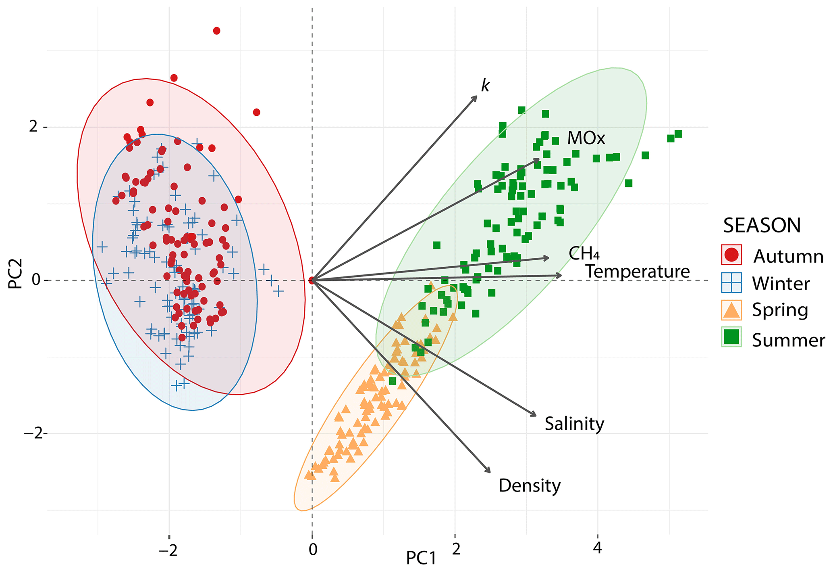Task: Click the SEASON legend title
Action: pos(762,225)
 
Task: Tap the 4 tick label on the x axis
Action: pos(598,548)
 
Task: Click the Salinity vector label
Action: pos(574,424)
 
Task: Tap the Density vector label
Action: pos(529,485)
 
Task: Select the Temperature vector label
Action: pos(637,272)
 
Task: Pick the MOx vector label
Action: pos(586,138)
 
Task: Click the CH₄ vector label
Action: pos(584,253)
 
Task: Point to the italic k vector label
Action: pos(485,86)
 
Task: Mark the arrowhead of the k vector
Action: pos(476,96)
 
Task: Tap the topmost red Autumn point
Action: pos(216,31)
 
